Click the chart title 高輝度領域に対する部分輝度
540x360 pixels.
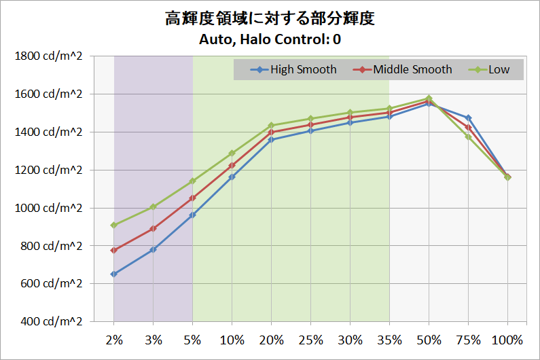coord(270,19)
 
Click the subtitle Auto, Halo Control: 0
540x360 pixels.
coord(270,39)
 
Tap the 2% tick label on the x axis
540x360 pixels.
coord(113,340)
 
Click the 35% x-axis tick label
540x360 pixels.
coord(389,340)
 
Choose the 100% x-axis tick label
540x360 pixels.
coord(507,340)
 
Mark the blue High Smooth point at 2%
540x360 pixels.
coord(114,274)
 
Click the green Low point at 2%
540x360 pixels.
coord(114,225)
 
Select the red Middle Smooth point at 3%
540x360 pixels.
coord(154,228)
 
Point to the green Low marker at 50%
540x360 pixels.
coord(429,98)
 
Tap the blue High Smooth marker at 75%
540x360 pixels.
coord(468,118)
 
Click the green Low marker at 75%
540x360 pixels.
coord(468,137)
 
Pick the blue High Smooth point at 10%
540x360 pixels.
coord(232,177)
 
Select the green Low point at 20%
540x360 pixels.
coord(271,125)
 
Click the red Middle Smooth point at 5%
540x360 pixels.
coord(192,198)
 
